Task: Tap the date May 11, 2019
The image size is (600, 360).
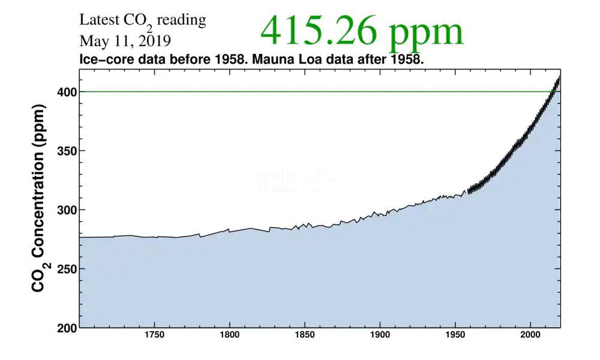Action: (x=125, y=42)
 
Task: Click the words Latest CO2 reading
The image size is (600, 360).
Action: (x=142, y=20)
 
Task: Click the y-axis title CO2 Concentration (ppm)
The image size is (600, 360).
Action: (x=39, y=198)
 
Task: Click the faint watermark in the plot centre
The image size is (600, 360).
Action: (x=295, y=181)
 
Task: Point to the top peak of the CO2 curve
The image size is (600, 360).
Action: (x=559, y=77)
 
